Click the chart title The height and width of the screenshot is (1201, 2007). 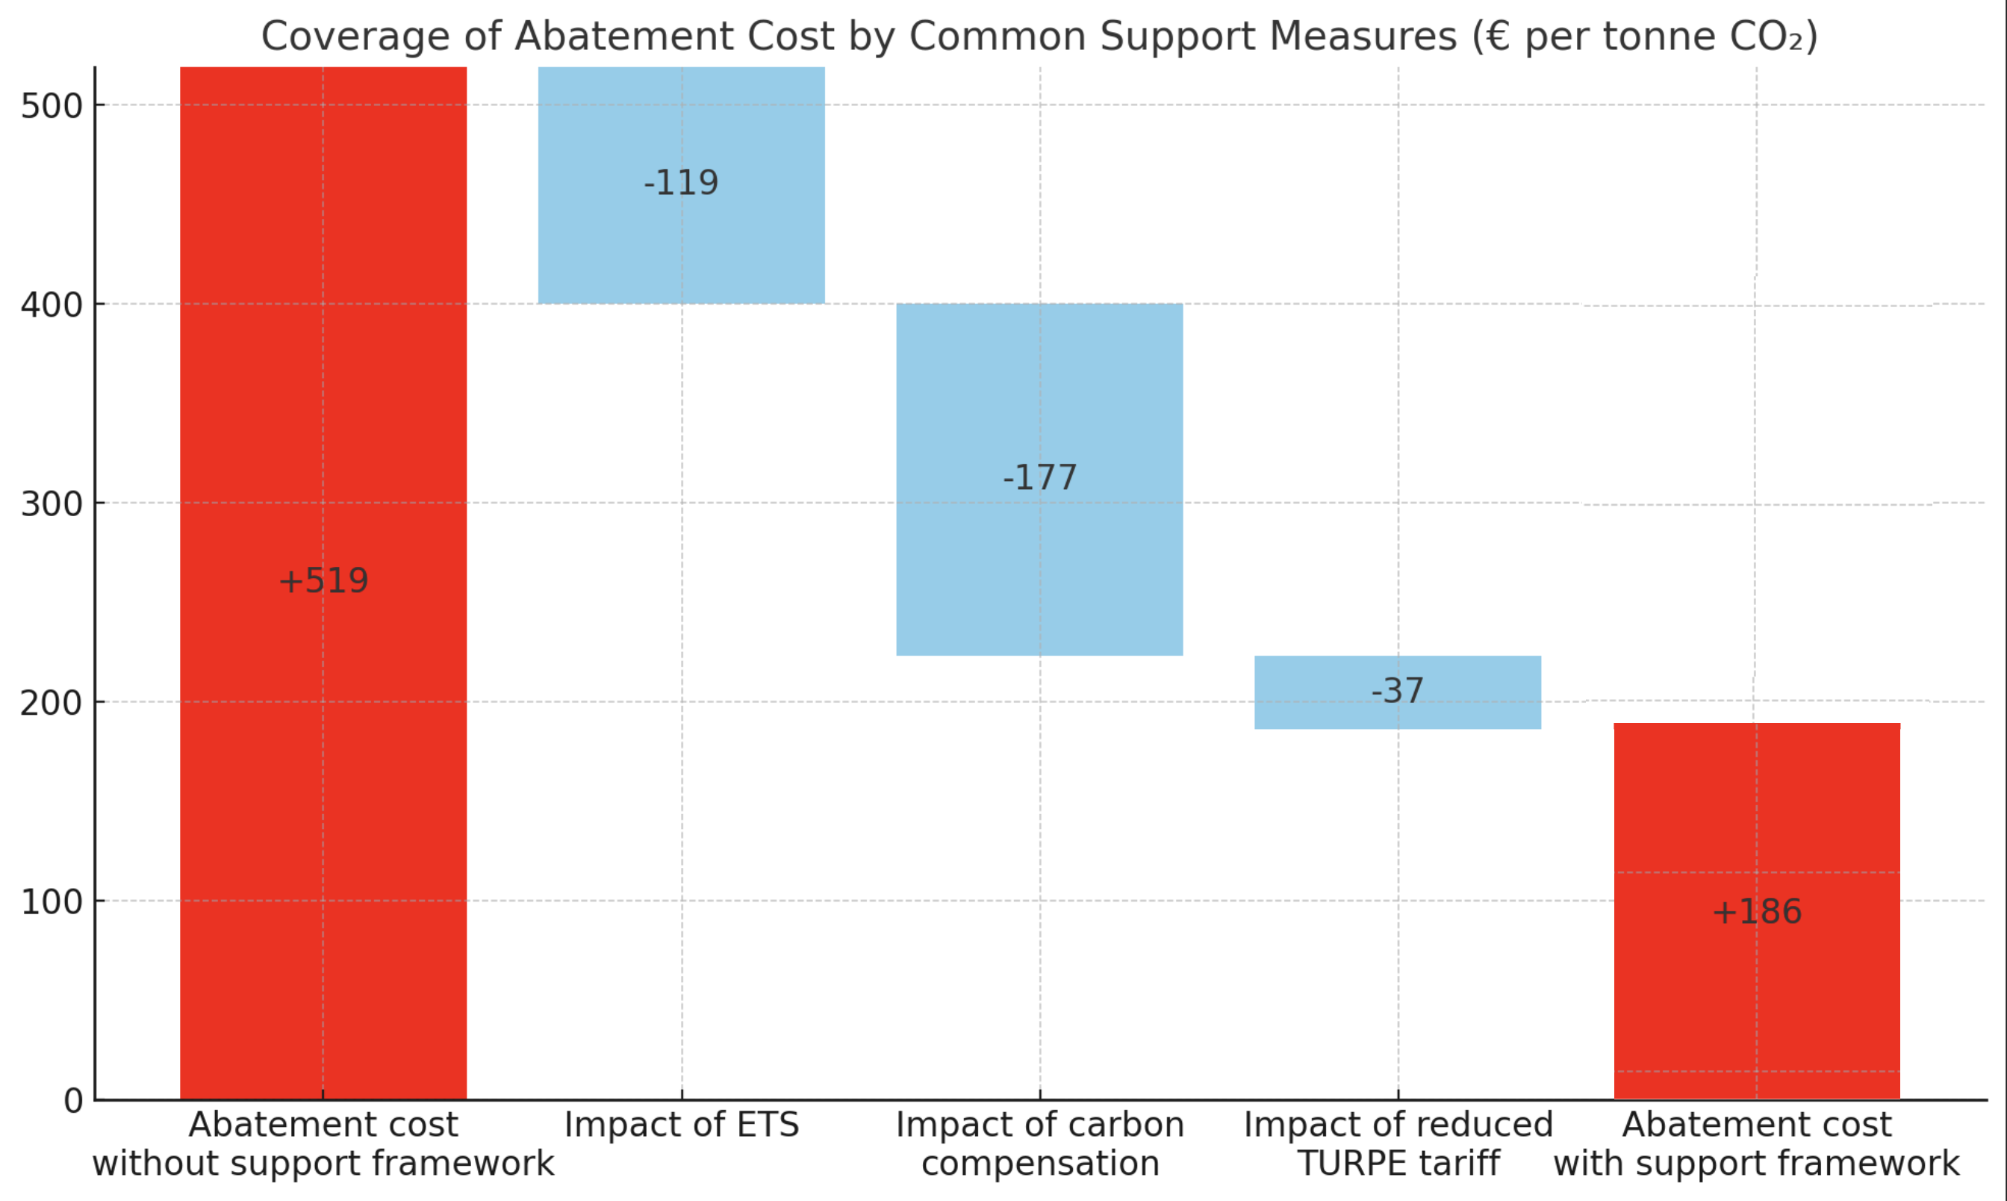click(x=1039, y=37)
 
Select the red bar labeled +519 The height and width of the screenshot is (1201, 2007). click(x=323, y=405)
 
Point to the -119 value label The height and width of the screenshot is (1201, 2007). click(x=681, y=183)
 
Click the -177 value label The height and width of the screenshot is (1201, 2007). click(x=1039, y=477)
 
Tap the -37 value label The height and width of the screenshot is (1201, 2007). click(x=1397, y=691)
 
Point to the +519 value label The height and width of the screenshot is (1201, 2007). click(x=323, y=581)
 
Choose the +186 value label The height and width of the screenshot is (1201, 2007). click(x=1756, y=912)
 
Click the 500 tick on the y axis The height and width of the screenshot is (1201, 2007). click(x=52, y=106)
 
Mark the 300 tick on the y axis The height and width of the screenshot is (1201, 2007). click(x=52, y=504)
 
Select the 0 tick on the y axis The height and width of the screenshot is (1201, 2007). click(x=73, y=1101)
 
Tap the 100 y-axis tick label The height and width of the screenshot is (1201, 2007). click(x=52, y=902)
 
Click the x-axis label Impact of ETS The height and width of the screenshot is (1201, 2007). click(x=681, y=1125)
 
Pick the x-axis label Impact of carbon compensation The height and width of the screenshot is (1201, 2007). click(x=1039, y=1144)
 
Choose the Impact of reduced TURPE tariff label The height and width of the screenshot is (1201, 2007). click(x=1398, y=1144)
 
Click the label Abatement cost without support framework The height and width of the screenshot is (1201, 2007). click(x=323, y=1144)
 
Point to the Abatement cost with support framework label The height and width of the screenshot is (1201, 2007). click(x=1756, y=1144)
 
